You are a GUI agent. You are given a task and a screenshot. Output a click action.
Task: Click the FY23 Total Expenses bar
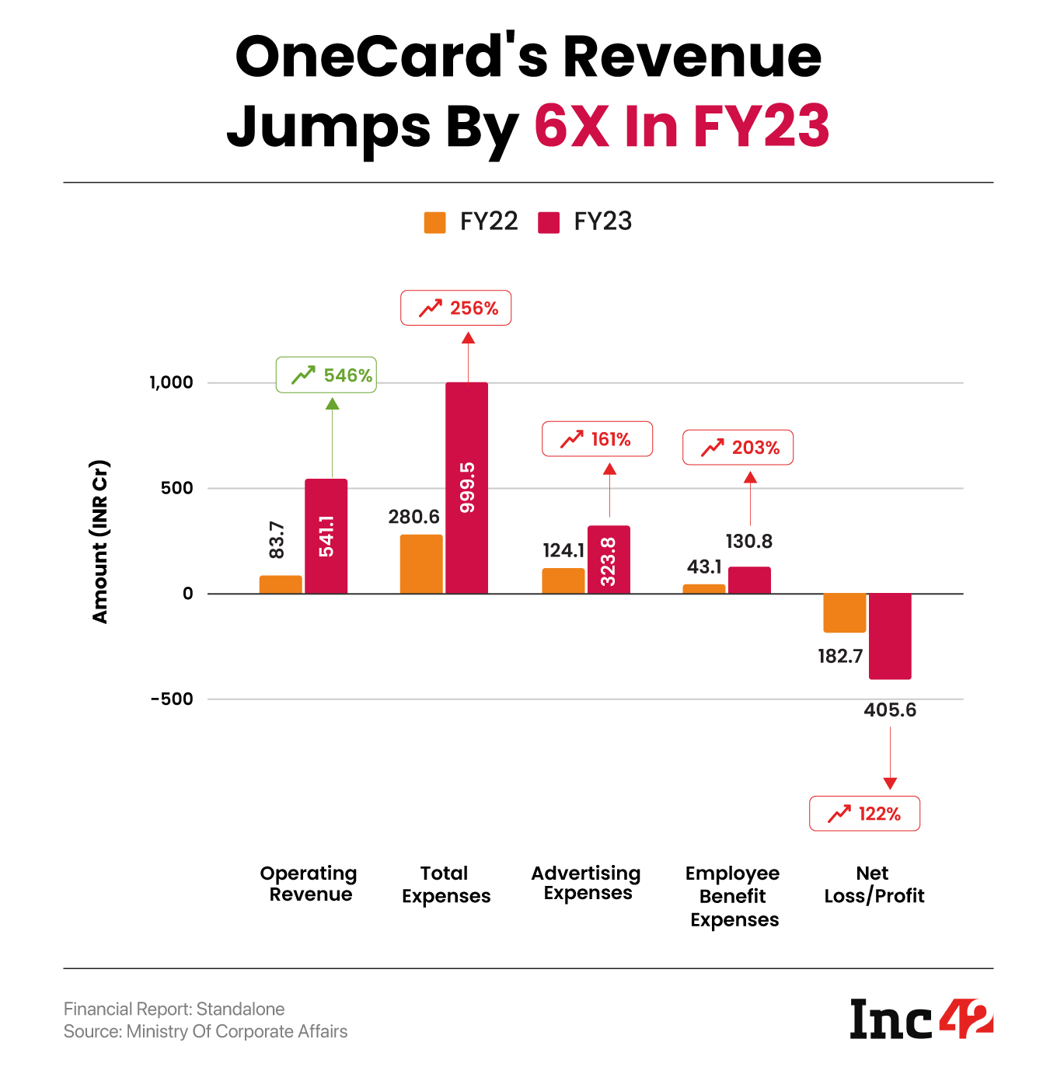coord(466,487)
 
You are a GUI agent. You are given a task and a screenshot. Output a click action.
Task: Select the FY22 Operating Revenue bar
coord(281,584)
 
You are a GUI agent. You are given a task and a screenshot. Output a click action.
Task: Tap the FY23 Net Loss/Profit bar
coord(890,636)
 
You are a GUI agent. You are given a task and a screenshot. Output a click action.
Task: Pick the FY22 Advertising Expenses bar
coord(563,581)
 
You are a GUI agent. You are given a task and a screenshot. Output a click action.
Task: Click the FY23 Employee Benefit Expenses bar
coord(749,581)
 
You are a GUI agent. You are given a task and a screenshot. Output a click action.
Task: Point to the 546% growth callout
coord(326,375)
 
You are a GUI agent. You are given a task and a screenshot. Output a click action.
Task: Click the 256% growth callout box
coord(455,308)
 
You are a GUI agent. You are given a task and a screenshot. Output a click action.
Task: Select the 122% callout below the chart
coord(864,814)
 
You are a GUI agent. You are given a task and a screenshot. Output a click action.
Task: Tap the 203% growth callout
coord(738,448)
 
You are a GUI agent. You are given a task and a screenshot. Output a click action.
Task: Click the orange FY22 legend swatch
coord(435,222)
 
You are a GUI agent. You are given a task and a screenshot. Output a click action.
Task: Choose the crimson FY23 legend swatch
coord(549,222)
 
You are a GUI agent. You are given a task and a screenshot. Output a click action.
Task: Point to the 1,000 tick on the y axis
coord(171,382)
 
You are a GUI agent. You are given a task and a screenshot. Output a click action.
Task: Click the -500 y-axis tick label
coord(172,699)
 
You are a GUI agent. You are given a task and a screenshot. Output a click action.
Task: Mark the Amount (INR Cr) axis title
coord(99,542)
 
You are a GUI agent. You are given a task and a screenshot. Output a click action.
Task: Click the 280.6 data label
coord(413,517)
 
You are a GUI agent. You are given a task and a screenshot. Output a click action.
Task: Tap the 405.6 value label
coord(890,710)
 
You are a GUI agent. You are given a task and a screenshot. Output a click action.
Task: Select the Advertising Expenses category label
coord(586,883)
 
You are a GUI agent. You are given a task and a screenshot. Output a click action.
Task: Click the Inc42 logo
coord(921,1019)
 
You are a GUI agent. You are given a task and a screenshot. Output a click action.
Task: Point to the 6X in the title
coord(571,126)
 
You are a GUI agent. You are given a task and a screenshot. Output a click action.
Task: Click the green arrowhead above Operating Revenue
coord(332,403)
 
